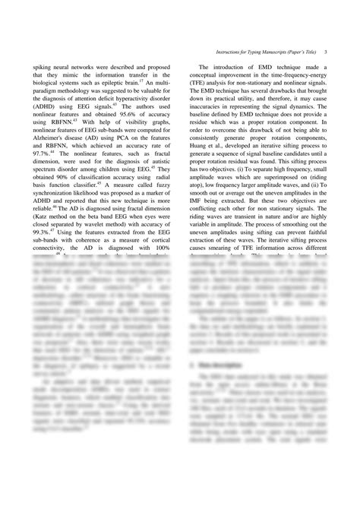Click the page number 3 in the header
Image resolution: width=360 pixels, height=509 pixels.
pos(325,52)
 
